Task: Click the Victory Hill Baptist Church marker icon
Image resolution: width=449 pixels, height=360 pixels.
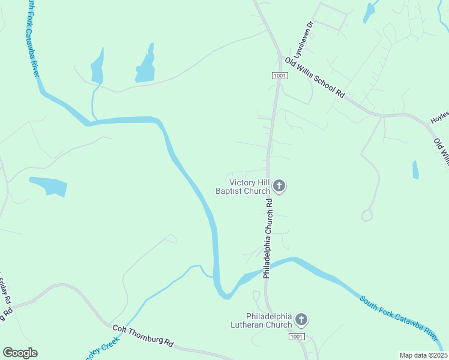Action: (279, 186)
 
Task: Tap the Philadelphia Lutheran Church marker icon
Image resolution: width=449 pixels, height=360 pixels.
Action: (301, 320)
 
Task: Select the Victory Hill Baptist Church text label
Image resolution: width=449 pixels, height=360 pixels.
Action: (243, 187)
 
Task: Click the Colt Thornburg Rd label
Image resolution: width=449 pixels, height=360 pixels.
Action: (143, 336)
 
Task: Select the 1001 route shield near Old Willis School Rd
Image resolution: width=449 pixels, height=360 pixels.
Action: (280, 76)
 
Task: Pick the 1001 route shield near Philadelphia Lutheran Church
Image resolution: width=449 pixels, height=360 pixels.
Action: (296, 337)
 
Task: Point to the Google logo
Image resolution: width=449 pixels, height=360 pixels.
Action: (20, 353)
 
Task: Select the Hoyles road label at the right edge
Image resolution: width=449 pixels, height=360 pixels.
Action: (439, 118)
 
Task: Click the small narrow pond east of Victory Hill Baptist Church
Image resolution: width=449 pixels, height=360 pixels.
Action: (415, 170)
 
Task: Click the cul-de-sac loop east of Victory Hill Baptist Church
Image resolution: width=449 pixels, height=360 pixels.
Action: (367, 215)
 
